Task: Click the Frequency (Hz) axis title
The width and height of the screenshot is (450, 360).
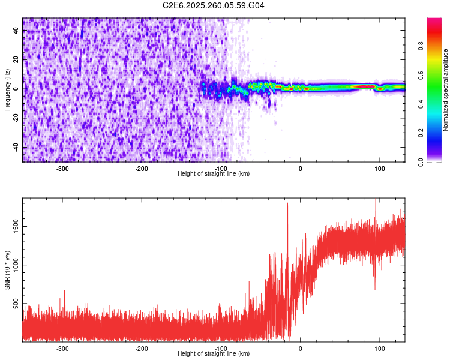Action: tap(7, 89)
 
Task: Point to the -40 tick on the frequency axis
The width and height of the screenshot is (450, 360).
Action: tap(15, 147)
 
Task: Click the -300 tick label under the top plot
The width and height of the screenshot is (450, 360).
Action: tap(62, 169)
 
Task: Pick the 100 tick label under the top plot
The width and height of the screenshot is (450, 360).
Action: tap(379, 169)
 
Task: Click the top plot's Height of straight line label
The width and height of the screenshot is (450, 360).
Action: tap(214, 174)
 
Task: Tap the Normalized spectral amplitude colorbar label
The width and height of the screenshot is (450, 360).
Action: tap(445, 90)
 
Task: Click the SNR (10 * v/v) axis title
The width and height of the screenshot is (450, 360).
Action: tap(7, 269)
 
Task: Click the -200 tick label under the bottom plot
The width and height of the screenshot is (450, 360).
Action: tap(142, 349)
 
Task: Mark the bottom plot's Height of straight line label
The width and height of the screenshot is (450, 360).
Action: tap(214, 354)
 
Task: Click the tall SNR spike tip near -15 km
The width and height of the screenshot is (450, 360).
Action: tap(288, 203)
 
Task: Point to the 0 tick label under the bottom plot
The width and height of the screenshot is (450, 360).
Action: tap(301, 349)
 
